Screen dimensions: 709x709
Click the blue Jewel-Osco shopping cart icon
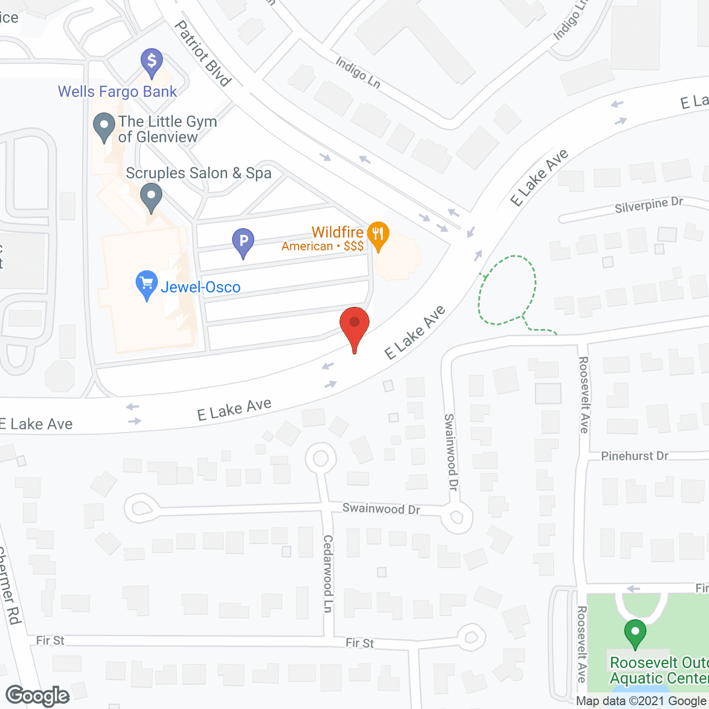click(x=146, y=284)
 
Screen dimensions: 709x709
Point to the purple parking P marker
click(x=243, y=242)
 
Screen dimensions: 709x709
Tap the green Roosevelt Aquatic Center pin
click(x=635, y=633)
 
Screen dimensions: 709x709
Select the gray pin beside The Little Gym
click(x=104, y=126)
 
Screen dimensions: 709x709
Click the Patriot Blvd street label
click(x=203, y=54)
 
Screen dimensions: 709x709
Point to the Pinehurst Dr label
click(x=635, y=456)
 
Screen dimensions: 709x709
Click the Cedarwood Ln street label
click(x=328, y=573)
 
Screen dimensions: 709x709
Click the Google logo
click(x=38, y=696)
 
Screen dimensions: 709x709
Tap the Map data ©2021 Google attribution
click(x=641, y=701)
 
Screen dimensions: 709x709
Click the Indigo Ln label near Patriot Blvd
click(x=358, y=73)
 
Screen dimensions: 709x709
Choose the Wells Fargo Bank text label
click(x=117, y=91)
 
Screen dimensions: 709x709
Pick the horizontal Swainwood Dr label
click(x=381, y=508)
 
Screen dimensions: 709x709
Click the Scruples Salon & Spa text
click(x=198, y=173)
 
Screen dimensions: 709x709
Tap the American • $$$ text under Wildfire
click(x=322, y=246)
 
